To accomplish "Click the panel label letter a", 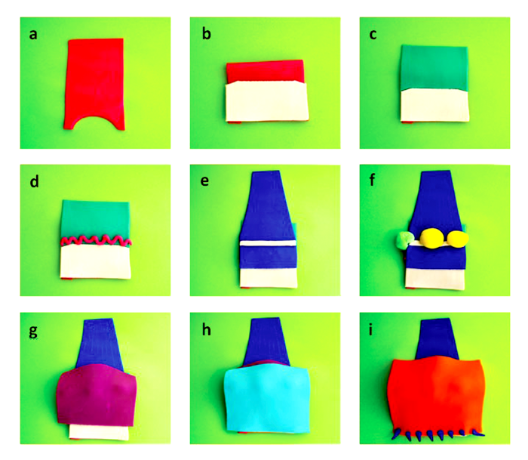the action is (33, 35).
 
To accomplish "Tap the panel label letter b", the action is (207, 34).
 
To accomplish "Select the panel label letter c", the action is (373, 35).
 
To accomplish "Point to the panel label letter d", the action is (34, 181).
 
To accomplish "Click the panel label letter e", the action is (204, 181).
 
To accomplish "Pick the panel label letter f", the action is (372, 181).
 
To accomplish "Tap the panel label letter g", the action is (33, 332).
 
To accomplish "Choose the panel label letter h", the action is (207, 330).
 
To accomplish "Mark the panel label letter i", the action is (371, 330).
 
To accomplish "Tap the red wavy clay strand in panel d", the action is (97, 240).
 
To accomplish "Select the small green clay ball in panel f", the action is (403, 240).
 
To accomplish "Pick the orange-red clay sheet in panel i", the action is (436, 395).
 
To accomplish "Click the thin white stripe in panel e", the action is (267, 242).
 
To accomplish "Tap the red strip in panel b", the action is (266, 71).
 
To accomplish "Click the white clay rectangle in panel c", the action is (434, 106).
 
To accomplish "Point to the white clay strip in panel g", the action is (99, 432).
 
